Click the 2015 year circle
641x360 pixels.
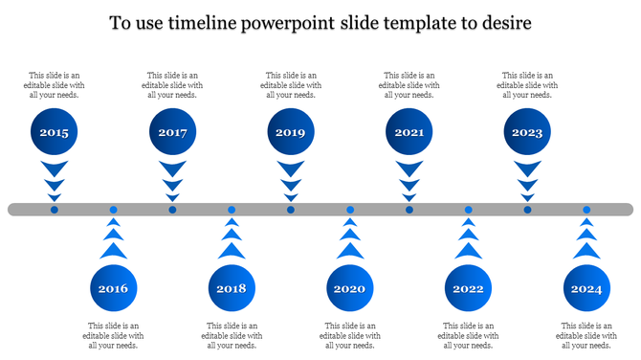(55, 133)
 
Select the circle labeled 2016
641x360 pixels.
(113, 288)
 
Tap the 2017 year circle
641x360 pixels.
(173, 133)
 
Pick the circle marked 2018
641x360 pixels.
(232, 288)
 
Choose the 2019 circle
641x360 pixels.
(291, 133)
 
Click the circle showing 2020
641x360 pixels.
(350, 288)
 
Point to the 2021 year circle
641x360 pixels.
(409, 133)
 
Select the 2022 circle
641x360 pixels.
(469, 288)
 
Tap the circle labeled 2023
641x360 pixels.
(527, 133)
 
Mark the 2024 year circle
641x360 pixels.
(586, 288)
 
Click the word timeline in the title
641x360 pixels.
(201, 22)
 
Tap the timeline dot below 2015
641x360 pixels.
(55, 210)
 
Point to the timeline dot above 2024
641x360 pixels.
(586, 210)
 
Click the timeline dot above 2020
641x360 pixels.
(350, 210)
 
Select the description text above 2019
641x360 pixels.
(291, 85)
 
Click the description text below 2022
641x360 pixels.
(469, 335)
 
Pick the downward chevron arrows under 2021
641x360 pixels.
(409, 179)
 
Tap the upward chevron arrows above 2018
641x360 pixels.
(232, 239)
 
